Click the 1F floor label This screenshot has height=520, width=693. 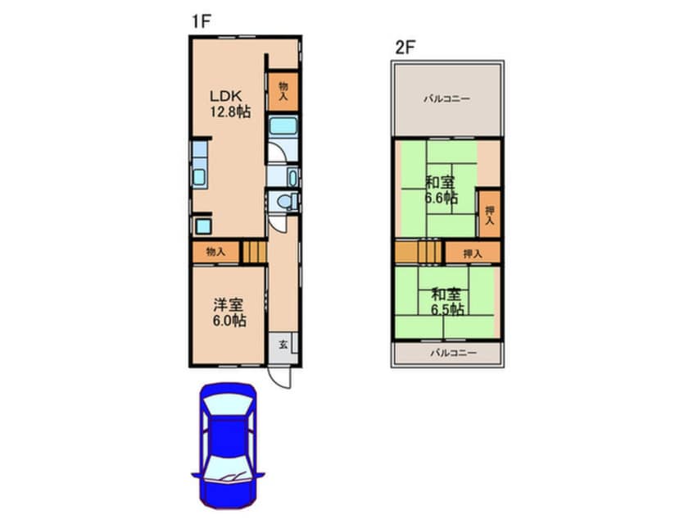click(201, 21)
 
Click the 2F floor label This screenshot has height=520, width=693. click(405, 48)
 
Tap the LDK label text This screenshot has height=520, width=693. click(225, 96)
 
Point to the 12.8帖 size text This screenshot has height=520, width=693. click(230, 112)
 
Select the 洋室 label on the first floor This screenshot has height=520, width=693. click(229, 305)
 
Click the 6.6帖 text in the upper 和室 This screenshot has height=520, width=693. click(441, 198)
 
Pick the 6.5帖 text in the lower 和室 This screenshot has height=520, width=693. click(447, 309)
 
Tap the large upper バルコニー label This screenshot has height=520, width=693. click(446, 98)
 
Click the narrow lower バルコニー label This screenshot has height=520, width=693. click(454, 354)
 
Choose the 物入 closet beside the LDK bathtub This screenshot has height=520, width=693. click(283, 92)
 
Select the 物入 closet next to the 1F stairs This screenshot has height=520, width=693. click(215, 253)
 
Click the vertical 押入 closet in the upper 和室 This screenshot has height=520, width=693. click(490, 215)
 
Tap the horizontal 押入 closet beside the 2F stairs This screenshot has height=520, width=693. click(473, 253)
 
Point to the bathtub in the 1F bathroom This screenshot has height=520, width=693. click(283, 125)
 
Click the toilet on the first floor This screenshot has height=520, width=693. click(287, 202)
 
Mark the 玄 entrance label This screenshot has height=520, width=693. click(283, 344)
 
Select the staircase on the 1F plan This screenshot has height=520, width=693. click(254, 253)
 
